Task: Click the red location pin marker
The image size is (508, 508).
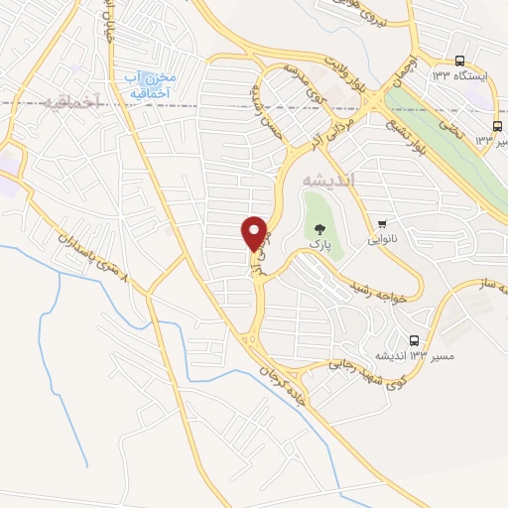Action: tap(255, 232)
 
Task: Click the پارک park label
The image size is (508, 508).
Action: tap(318, 242)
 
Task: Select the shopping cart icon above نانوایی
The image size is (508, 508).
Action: tap(381, 224)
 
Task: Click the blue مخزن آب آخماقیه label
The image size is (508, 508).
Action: tap(151, 84)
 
